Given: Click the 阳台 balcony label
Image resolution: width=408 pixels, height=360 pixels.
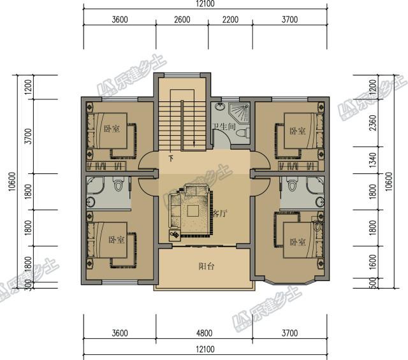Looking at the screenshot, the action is pos(207,266).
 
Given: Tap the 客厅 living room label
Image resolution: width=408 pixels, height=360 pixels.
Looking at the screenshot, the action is pos(220,213).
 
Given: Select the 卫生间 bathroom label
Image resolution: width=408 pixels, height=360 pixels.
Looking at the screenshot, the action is pos(224,127).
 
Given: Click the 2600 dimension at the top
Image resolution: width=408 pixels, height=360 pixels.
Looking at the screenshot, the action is pos(182,20).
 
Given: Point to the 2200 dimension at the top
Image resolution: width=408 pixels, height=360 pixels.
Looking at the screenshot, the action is pos(230,20).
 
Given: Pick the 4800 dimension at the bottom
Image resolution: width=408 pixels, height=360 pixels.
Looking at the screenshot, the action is pos(204,333).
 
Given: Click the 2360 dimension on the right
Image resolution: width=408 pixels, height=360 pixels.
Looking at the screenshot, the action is pos(372,123).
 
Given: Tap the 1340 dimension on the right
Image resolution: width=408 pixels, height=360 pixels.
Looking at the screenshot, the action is pos(372,160).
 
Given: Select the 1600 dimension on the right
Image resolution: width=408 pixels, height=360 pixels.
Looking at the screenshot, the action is pos(372,263).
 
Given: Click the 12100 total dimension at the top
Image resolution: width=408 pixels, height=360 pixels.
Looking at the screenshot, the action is pos(205,4).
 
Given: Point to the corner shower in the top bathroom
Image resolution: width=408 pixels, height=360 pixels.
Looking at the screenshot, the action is pos(239,113).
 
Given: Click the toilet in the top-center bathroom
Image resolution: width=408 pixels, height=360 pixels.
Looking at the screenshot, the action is pos(243,133).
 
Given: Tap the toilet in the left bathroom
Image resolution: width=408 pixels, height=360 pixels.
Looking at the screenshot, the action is pos(119,184).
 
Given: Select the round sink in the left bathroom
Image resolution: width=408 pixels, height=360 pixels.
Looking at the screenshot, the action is pos(91,202).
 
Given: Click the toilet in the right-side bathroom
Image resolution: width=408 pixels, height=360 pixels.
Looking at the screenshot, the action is pos(292,184).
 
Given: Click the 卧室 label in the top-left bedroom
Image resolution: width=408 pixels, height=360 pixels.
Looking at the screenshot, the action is pos(112,129).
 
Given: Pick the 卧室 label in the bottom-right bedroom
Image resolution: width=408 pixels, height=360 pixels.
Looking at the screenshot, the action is pos(298,242).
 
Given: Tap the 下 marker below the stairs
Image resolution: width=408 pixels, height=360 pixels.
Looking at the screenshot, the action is pos(171,158).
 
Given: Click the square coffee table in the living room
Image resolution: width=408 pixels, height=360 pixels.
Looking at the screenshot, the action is pos(193,210).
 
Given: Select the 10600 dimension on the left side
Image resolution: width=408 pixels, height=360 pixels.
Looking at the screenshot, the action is pos(13,182).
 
